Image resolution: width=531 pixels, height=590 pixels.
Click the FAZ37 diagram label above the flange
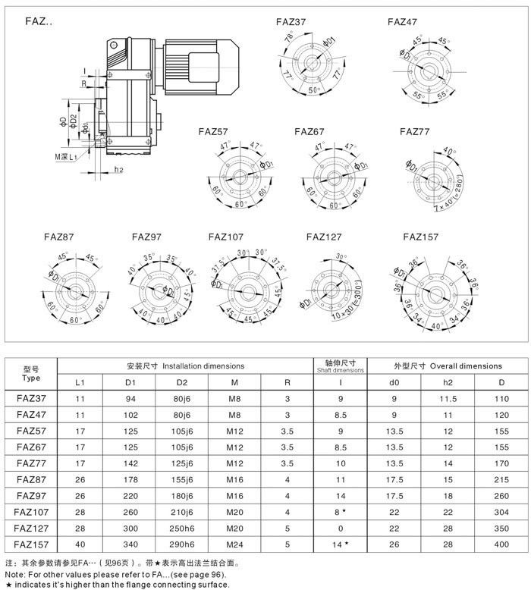(291, 22)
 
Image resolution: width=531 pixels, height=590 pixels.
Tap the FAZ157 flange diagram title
(421, 237)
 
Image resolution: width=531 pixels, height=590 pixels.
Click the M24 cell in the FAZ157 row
(234, 544)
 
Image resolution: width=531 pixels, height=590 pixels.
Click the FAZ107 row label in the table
(31, 513)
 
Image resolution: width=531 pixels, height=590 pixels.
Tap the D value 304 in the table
(501, 513)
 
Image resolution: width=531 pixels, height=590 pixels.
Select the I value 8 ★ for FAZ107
(341, 513)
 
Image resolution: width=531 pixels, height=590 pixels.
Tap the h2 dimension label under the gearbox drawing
(119, 169)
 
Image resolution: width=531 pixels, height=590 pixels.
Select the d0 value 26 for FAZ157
(394, 544)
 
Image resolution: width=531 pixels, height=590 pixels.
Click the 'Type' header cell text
(31, 377)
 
